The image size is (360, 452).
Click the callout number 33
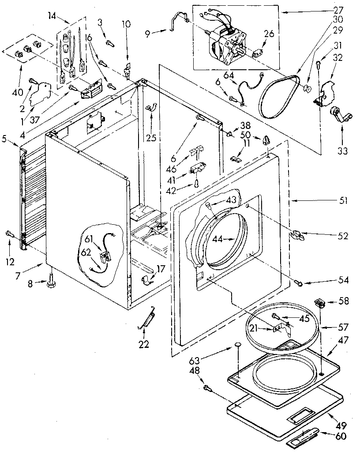click(x=342, y=151)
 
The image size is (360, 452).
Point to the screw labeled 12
click(x=8, y=234)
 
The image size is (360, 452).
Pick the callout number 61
click(x=89, y=239)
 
